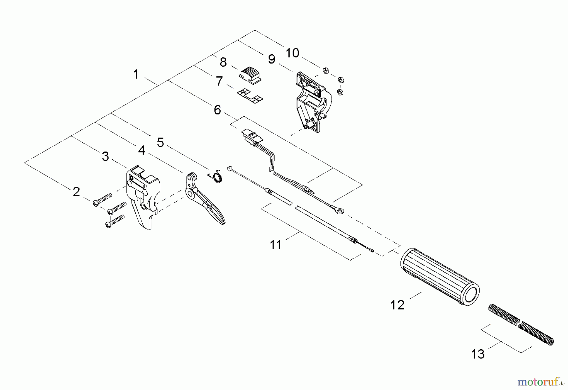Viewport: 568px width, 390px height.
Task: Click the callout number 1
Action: click(136, 75)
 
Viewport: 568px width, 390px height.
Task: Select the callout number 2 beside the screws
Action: click(76, 192)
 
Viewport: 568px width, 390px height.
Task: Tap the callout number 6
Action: click(217, 110)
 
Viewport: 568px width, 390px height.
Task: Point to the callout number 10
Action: click(292, 53)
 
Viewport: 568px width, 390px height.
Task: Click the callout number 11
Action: click(275, 245)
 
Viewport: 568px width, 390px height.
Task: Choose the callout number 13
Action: click(477, 354)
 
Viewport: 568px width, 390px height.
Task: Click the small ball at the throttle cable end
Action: click(229, 168)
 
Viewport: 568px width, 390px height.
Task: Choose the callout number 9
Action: click(271, 59)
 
